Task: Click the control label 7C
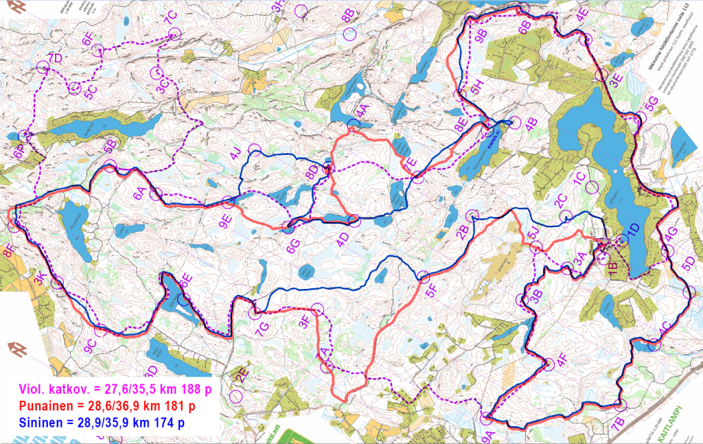point(171,18)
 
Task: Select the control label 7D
point(55,58)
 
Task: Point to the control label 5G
point(652,102)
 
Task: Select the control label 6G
point(293,246)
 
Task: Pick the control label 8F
point(8,251)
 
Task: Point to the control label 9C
point(89,347)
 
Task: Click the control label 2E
point(241,376)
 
